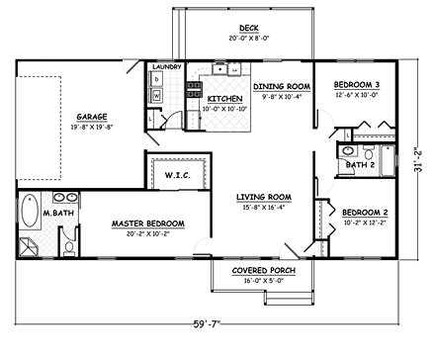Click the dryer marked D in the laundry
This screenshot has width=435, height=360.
point(156,79)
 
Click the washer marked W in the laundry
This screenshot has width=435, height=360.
point(156,95)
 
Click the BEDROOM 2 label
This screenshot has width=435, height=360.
point(363,213)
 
